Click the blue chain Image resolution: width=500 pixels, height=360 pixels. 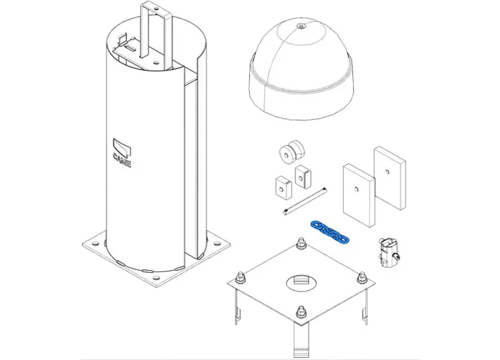click(329, 231)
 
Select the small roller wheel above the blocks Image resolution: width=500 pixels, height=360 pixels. click(291, 153)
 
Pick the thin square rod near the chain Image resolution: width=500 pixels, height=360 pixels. click(305, 201)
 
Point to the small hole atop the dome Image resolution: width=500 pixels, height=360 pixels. click(300, 27)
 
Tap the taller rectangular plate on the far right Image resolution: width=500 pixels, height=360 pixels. click(389, 178)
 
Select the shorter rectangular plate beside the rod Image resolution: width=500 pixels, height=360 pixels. click(357, 192)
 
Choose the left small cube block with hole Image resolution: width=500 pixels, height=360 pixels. click(281, 186)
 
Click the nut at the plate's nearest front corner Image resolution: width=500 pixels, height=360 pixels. click(300, 312)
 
